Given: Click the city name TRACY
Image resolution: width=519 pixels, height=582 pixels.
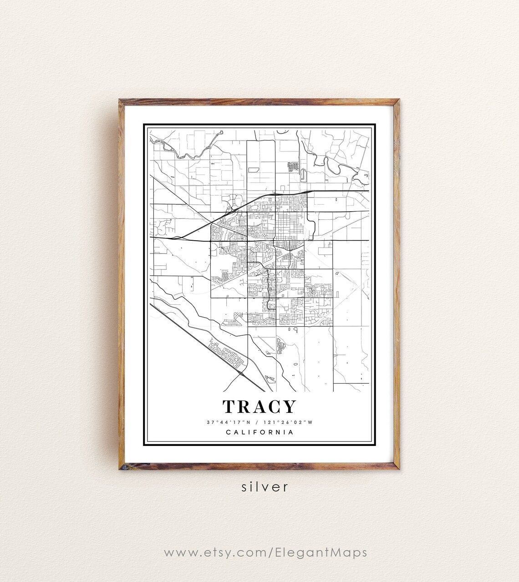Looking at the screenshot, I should click(259, 407).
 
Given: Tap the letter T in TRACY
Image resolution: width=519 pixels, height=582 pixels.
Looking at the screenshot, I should click(229, 407).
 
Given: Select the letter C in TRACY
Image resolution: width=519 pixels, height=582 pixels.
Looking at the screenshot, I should click(275, 407).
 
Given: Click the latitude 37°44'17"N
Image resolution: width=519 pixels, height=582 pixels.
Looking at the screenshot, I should click(226, 422).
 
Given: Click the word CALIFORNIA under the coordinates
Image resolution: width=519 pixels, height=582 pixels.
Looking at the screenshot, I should click(259, 432).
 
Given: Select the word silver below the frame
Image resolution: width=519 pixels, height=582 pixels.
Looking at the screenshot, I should click(265, 486).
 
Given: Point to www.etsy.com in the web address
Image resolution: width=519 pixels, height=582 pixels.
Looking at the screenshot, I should click(212, 553).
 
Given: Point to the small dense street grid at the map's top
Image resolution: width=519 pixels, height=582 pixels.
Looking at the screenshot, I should click(293, 166).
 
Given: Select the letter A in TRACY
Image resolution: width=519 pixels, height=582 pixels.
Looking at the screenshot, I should click(259, 407).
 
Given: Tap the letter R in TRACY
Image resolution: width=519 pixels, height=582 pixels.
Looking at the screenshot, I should click(244, 407).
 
